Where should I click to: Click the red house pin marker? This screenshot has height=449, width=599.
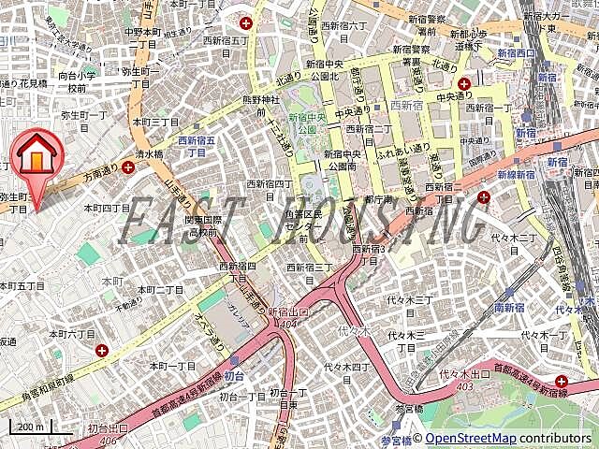tap(37, 155)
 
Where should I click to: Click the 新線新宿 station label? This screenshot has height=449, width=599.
tap(516, 175)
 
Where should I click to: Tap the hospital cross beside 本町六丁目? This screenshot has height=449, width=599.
tap(102, 350)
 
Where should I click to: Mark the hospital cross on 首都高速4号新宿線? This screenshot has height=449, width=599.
tap(561, 381)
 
